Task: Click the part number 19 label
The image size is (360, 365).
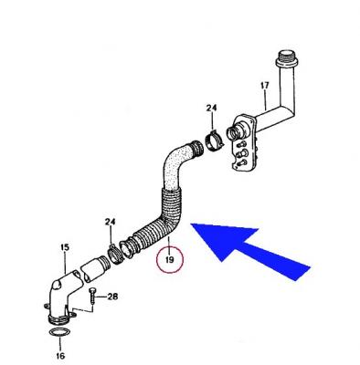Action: [169, 260]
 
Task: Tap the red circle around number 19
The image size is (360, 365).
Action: [156, 261]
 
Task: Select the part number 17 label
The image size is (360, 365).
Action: [265, 86]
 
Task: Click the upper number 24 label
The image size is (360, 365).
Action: [211, 108]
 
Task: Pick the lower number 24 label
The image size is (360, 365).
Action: [111, 222]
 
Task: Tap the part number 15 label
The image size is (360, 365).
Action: [65, 247]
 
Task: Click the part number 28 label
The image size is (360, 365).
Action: [112, 297]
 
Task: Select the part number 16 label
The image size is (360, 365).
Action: [60, 355]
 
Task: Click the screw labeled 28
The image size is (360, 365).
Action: [92, 296]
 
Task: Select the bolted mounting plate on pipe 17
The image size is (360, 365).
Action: [244, 143]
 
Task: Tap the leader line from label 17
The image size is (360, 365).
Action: [265, 100]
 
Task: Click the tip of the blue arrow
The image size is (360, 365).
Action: [190, 224]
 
